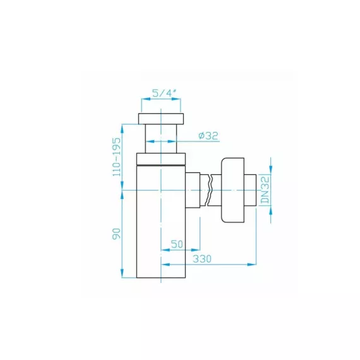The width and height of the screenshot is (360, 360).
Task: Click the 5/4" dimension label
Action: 164,93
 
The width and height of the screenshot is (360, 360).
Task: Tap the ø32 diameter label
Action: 208,136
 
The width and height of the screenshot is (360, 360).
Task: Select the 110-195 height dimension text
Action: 117,157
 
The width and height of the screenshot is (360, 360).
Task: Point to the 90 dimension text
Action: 116,234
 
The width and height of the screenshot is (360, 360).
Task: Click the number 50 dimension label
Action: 177,244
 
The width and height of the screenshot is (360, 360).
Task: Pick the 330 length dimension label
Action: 202,259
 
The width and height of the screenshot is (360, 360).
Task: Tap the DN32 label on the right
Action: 266,189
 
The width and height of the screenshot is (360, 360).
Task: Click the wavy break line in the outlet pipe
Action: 209,190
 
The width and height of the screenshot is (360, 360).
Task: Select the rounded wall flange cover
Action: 232,190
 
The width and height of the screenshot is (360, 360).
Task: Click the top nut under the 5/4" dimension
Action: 161,119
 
